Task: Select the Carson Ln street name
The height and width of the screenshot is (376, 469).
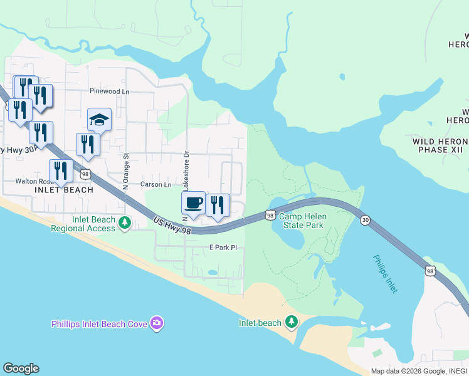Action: tap(156, 185)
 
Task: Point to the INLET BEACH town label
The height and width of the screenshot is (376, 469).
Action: tap(64, 190)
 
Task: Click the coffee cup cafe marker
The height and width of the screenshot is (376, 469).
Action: tap(193, 203)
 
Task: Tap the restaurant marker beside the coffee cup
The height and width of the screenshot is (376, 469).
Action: tap(218, 206)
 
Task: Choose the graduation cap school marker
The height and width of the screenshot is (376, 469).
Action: tap(99, 120)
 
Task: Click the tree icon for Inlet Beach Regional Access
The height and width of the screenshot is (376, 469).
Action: tap(125, 222)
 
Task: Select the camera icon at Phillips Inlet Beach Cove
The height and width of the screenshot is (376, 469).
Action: tap(157, 323)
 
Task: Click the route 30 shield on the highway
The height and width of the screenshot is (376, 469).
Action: tap(365, 219)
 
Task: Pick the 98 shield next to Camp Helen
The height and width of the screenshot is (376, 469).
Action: tap(270, 215)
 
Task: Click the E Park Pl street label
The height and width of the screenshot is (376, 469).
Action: tap(223, 248)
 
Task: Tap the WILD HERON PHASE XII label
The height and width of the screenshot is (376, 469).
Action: tap(439, 146)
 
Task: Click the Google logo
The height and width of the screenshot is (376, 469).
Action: tap(21, 368)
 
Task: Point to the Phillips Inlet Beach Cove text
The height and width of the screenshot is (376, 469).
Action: tap(100, 324)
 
